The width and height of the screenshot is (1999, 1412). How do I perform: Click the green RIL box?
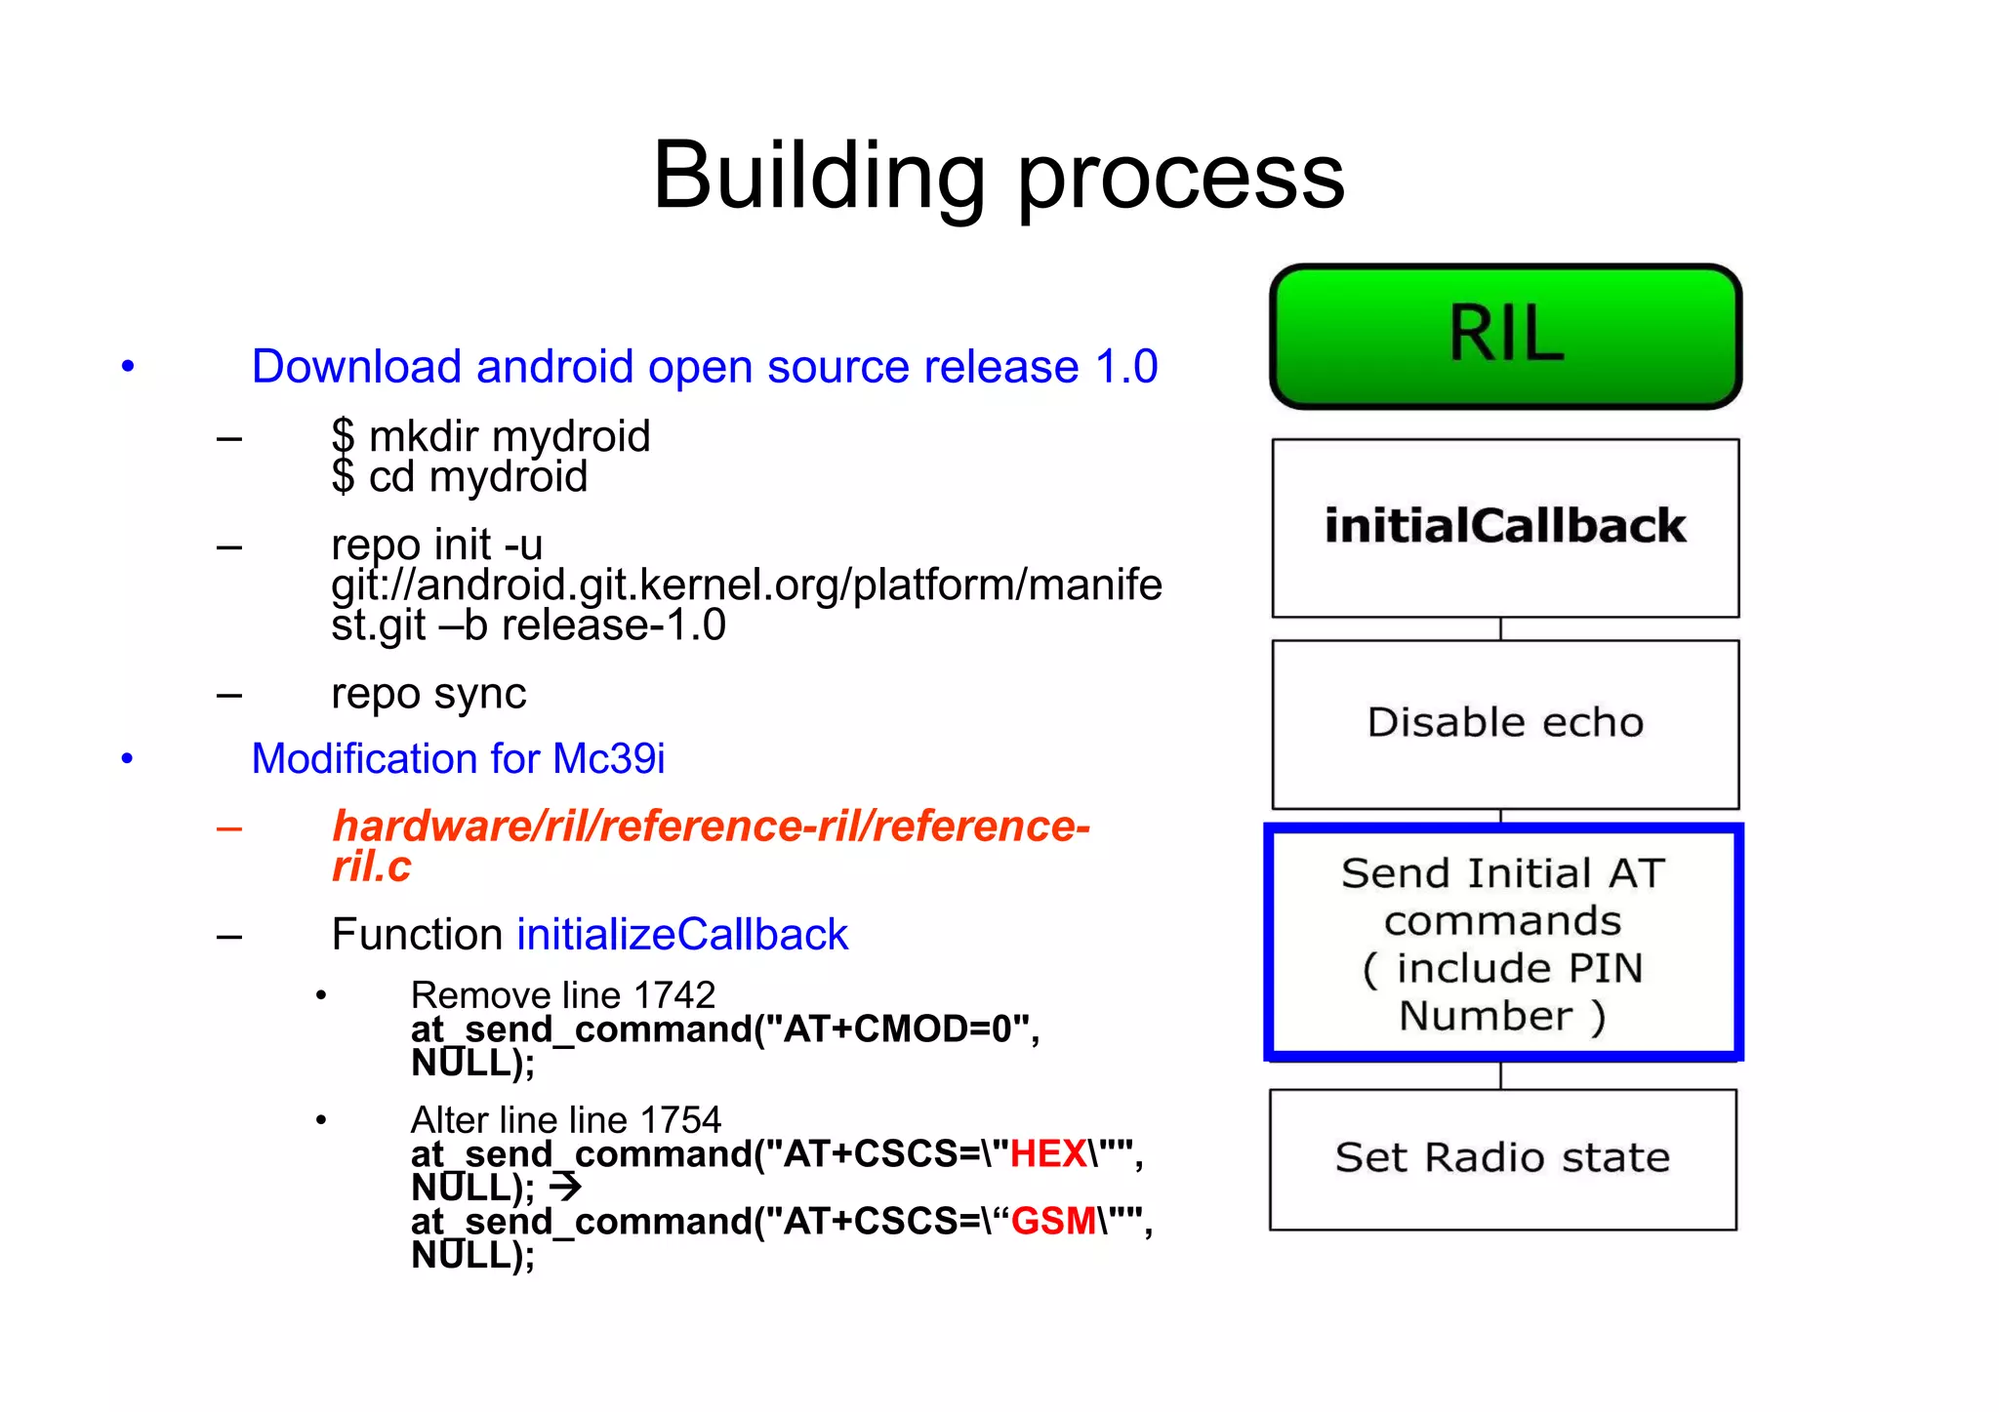1505,336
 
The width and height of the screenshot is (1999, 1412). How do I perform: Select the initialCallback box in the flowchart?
1505,527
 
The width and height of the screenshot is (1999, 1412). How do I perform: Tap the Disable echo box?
1505,723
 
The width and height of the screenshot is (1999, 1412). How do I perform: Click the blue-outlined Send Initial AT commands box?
1503,943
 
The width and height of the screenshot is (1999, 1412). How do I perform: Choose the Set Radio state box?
1502,1158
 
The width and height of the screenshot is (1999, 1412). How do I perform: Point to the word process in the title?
1181,180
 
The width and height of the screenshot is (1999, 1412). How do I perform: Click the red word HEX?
1048,1154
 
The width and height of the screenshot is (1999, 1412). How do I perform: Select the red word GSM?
1053,1222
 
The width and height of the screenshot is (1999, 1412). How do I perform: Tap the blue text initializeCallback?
682,935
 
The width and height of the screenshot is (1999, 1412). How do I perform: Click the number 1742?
673,995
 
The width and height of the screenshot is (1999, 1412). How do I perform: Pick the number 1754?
680,1120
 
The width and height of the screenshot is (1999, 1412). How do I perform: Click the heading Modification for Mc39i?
458,759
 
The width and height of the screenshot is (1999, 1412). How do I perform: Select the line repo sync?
428,694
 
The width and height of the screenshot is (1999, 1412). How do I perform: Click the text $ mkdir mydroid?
490,436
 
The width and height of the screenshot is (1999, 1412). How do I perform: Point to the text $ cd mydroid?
459,477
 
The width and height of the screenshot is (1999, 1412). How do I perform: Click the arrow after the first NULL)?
565,1188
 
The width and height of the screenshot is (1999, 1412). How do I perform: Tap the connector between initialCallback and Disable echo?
1500,628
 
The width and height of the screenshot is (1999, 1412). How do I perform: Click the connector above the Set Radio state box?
1500,1074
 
